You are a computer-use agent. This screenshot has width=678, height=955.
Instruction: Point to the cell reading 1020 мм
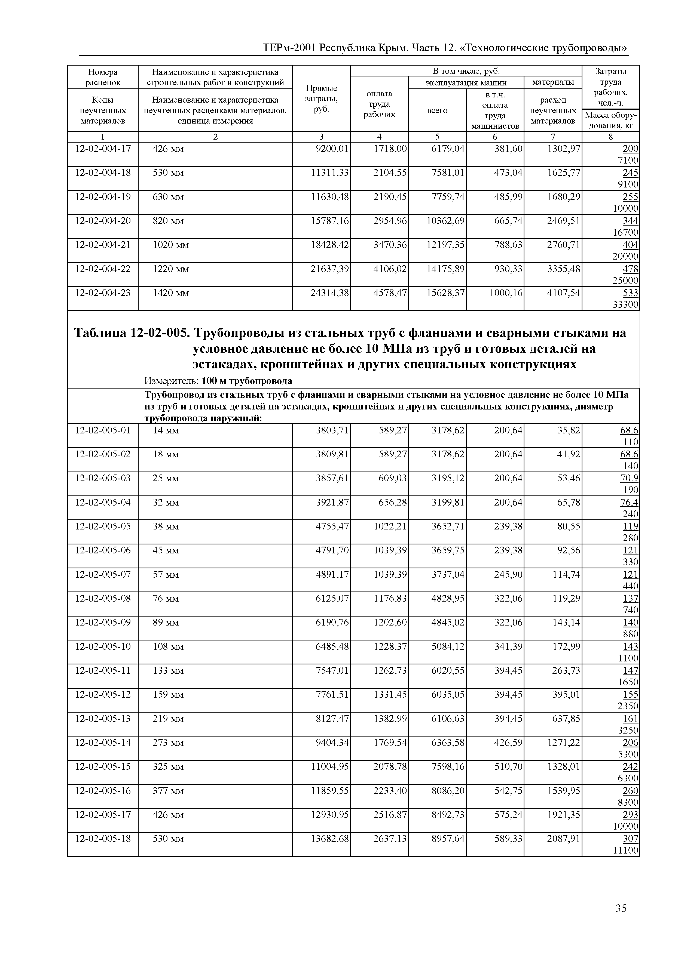click(171, 245)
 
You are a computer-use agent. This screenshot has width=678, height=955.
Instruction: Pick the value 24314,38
click(329, 293)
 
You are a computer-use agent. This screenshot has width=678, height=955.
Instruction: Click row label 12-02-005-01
click(103, 430)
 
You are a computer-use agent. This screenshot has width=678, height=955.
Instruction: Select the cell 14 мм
click(166, 430)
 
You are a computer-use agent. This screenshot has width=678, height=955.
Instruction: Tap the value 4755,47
click(332, 526)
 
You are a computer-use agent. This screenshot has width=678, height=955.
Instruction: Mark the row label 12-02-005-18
click(103, 839)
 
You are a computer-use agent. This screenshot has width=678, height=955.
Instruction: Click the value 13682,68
click(329, 839)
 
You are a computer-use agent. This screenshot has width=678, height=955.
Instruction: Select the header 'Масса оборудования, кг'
click(610, 120)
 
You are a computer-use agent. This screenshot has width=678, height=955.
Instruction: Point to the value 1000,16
click(506, 293)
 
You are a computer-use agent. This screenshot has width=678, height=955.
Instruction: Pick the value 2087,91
click(564, 839)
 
